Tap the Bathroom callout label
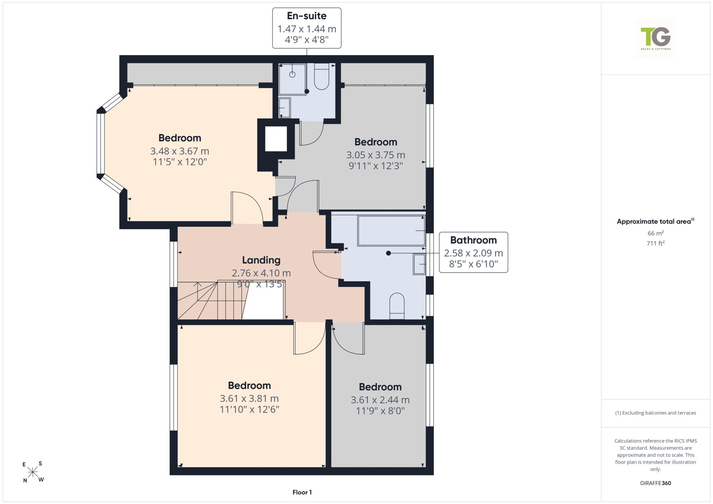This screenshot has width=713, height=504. (x=473, y=252)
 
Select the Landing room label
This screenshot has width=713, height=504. (x=261, y=260)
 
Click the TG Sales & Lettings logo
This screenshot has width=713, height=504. (x=656, y=38)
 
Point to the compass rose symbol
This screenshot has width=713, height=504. (x=33, y=472)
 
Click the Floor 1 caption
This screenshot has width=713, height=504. (x=302, y=492)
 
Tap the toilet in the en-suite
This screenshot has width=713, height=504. (x=321, y=76)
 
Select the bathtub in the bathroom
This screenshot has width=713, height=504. (x=391, y=231)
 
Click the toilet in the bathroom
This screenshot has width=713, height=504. (x=397, y=306)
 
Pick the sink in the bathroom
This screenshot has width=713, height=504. (x=419, y=264)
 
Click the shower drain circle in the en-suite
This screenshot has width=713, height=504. (x=292, y=75)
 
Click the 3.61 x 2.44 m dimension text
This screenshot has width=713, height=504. (x=380, y=400)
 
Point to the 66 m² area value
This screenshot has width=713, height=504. (x=656, y=233)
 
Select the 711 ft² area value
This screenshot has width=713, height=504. (x=656, y=243)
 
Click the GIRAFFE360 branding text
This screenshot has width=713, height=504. (x=656, y=483)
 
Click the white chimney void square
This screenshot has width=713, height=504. (x=276, y=138)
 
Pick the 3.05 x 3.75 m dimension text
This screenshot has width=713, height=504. (x=376, y=155)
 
